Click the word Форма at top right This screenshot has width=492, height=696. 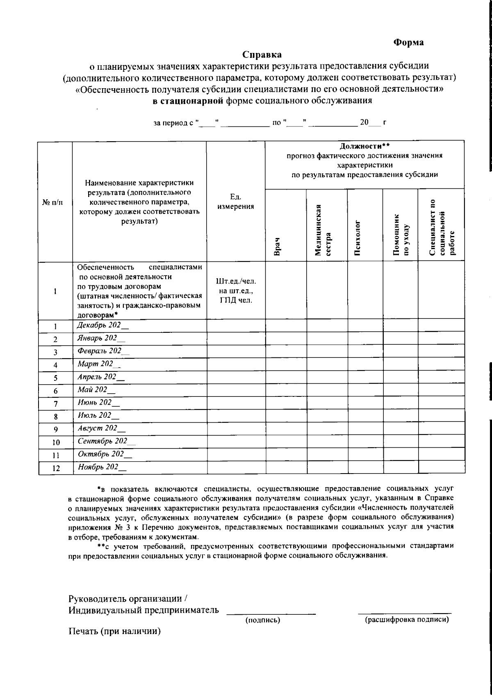pos(408,42)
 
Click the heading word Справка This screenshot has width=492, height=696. pos(262,54)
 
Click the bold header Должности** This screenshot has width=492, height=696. pos(364,146)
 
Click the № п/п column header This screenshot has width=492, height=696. pos(55,202)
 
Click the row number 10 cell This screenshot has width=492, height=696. pos(56,442)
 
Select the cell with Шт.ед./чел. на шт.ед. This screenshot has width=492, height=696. pos(235,291)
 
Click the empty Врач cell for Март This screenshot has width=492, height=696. pos(286,365)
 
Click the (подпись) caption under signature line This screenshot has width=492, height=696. pos(262,620)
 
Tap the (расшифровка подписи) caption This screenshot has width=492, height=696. pos(407,620)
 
